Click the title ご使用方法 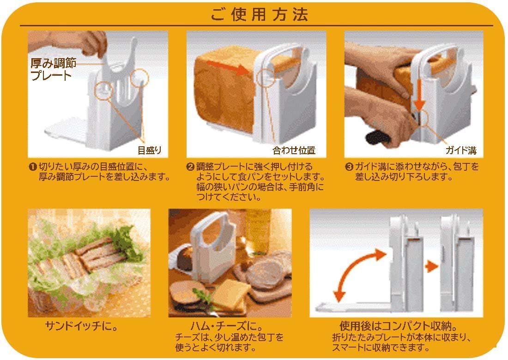[259, 15]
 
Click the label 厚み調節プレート [54, 69]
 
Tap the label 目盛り [149, 150]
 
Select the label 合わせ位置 [294, 150]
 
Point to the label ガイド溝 [461, 150]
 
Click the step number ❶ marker [33, 167]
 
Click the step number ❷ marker [190, 167]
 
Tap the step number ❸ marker [349, 167]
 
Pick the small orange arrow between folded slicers [431, 267]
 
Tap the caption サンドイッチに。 [81, 326]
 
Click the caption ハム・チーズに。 [226, 326]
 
